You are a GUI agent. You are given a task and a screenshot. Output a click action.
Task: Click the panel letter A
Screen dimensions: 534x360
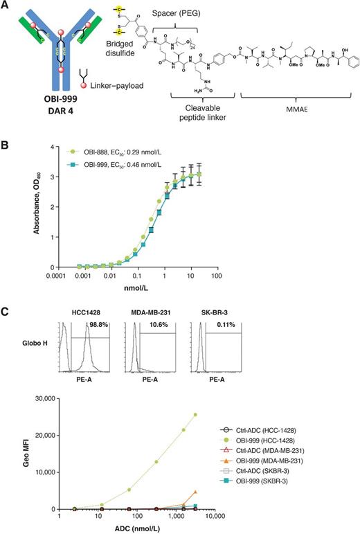(6, 6)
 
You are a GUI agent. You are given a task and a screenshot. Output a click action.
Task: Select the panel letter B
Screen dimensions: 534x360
(6, 148)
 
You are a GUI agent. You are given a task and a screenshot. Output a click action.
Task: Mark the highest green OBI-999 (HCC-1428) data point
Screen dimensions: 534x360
(197, 415)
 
